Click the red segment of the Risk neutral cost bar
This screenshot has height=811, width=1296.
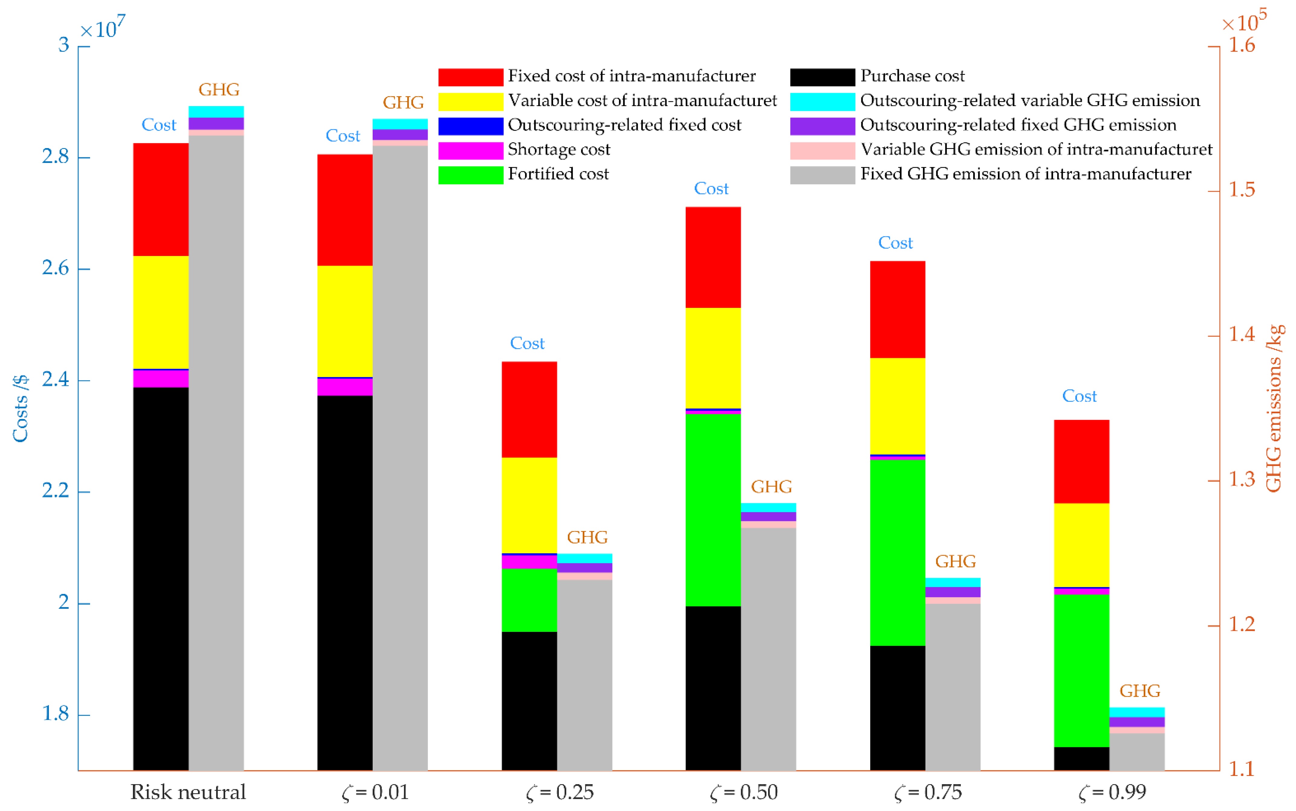[160, 199]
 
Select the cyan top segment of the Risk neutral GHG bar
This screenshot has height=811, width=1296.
[216, 111]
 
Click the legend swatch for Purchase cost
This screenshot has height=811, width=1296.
[822, 77]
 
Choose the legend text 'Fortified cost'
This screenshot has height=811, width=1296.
[558, 174]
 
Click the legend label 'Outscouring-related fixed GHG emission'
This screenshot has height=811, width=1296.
[1018, 125]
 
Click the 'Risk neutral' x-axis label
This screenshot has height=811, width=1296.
[188, 792]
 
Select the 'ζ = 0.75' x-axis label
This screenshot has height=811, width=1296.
[928, 792]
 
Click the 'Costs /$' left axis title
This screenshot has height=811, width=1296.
[20, 409]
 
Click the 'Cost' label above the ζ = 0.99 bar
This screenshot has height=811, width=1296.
[1079, 396]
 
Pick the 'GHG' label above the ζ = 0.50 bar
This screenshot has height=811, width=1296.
[771, 486]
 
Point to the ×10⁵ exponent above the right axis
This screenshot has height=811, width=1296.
[1243, 21]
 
